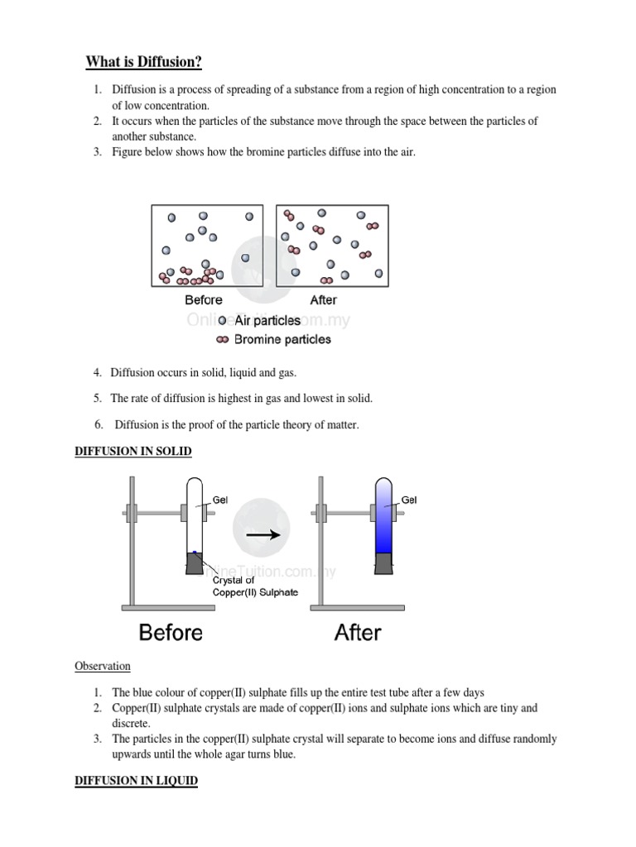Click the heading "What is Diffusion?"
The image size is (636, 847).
(144, 62)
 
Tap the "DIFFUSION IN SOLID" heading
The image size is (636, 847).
(133, 451)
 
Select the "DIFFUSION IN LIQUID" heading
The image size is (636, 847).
(136, 780)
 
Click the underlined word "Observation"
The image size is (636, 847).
(103, 666)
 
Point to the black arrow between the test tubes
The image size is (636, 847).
(264, 534)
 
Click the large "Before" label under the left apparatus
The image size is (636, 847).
(171, 633)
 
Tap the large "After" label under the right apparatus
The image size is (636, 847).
(358, 633)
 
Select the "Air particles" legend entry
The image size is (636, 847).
(267, 321)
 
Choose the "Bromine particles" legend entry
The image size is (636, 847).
(282, 339)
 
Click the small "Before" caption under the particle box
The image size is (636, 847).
(204, 300)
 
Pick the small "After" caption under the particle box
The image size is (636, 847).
(323, 300)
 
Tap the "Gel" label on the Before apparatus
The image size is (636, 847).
(220, 500)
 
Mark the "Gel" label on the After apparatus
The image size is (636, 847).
(409, 500)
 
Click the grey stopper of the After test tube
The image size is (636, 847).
(383, 563)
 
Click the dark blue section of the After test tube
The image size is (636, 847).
(383, 542)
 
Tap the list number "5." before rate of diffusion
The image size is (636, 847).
(98, 399)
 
